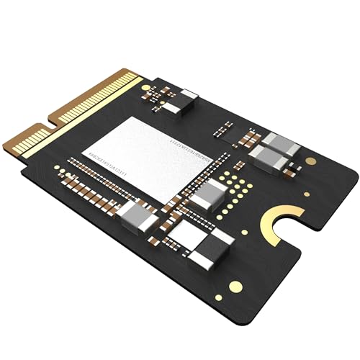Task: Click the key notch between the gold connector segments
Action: coord(45,127)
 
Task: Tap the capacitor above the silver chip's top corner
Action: coord(188,100)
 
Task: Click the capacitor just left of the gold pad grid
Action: coord(210,193)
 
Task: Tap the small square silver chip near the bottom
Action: coord(186,233)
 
